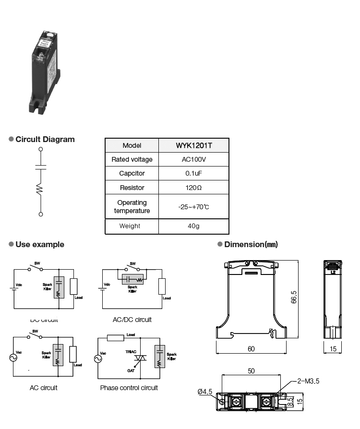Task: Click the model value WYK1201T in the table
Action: pyautogui.click(x=193, y=145)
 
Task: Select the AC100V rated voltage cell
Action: pyautogui.click(x=193, y=159)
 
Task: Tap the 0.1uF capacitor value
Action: pyautogui.click(x=193, y=173)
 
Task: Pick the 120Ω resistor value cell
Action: pyautogui.click(x=193, y=188)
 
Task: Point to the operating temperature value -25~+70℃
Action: pyautogui.click(x=193, y=207)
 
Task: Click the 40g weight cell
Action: pyautogui.click(x=193, y=226)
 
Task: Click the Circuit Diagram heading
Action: pyautogui.click(x=45, y=140)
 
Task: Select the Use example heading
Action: pyautogui.click(x=39, y=245)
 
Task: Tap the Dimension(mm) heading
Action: pyautogui.click(x=251, y=245)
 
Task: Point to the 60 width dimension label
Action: pyautogui.click(x=251, y=349)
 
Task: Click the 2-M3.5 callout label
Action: pyautogui.click(x=308, y=381)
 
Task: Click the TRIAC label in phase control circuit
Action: pyautogui.click(x=132, y=351)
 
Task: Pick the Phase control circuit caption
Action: pyautogui.click(x=129, y=388)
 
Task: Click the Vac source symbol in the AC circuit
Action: pyautogui.click(x=13, y=357)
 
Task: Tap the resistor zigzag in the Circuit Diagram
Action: pyautogui.click(x=41, y=189)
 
